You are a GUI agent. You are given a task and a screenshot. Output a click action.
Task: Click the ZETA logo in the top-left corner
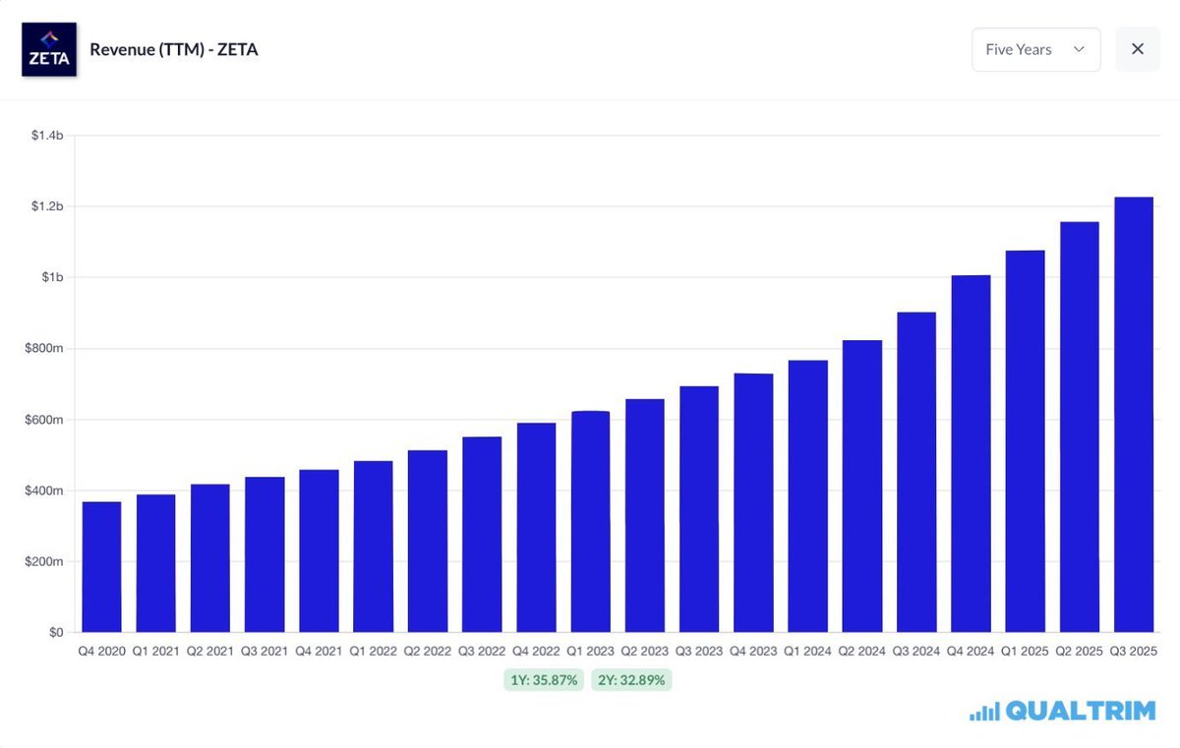(x=49, y=49)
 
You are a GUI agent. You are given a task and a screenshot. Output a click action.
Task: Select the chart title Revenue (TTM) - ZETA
(x=174, y=49)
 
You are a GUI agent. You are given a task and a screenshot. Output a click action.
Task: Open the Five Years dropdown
(x=1035, y=49)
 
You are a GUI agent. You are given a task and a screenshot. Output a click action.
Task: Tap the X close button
(x=1138, y=49)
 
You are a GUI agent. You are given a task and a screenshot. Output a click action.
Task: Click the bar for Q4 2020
(x=101, y=567)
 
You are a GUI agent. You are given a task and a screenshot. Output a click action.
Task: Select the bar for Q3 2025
(x=1133, y=415)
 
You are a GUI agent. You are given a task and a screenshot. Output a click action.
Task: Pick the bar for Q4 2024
(x=971, y=453)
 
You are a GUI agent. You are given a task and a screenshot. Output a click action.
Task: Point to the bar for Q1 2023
(x=590, y=522)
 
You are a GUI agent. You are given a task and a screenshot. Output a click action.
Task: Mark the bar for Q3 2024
(x=916, y=472)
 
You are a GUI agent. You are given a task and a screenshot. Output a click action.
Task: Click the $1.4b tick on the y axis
(x=47, y=136)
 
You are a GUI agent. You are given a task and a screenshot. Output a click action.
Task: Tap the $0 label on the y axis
(x=56, y=632)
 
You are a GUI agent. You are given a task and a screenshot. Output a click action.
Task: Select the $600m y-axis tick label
(x=43, y=420)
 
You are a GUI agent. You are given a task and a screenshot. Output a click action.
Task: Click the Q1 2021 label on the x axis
(x=156, y=652)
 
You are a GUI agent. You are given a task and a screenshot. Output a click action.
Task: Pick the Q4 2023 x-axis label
(x=753, y=652)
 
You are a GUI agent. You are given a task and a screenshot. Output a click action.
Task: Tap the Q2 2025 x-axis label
(x=1079, y=652)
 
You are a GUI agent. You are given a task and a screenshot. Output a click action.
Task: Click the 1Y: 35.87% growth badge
(x=544, y=680)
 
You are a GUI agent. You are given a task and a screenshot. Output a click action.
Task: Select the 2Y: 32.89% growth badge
(x=631, y=680)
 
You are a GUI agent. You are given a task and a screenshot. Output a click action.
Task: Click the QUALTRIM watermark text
(x=1080, y=711)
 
